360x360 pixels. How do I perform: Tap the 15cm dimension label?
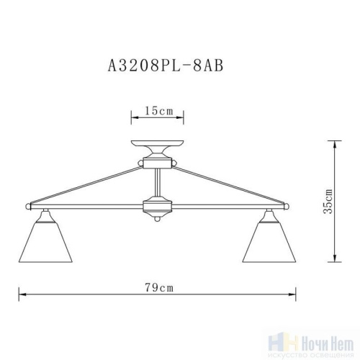pyautogui.click(x=157, y=111)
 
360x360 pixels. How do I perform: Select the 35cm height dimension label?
pyautogui.click(x=328, y=202)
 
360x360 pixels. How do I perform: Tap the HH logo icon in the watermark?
pyautogui.click(x=276, y=341)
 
